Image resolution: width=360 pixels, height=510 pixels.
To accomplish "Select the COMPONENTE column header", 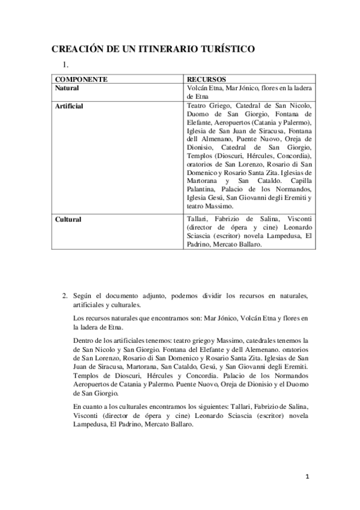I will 81,79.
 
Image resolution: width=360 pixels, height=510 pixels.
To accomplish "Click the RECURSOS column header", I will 206,79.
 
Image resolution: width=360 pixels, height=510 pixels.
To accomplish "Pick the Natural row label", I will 67,88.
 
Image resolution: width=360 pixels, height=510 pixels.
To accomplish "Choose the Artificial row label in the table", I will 69,106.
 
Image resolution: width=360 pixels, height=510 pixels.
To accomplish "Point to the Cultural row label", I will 68,220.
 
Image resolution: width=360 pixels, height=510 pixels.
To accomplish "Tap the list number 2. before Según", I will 64,296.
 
